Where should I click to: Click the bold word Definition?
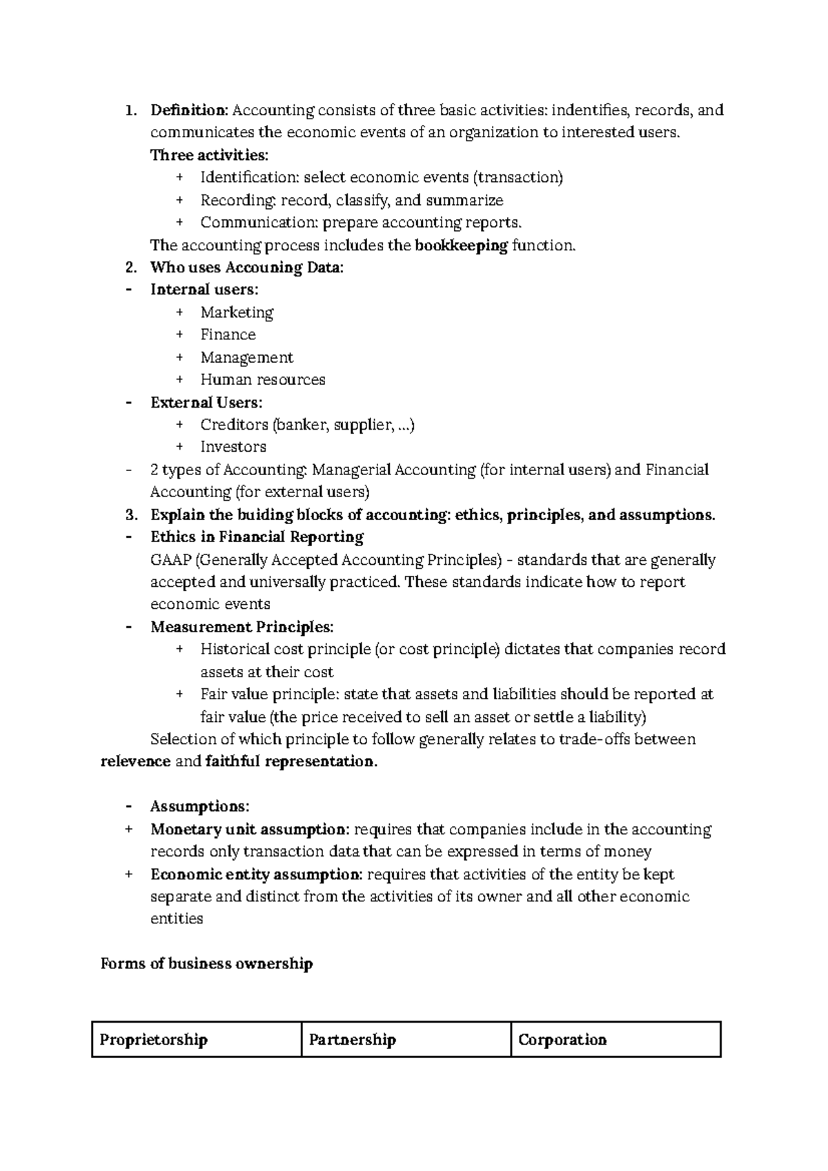(188, 110)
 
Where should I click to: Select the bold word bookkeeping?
(461, 246)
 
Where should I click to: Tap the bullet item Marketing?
(237, 312)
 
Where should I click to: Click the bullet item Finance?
(228, 334)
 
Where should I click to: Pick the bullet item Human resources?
(262, 379)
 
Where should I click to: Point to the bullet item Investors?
(233, 447)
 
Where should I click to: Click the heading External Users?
(206, 402)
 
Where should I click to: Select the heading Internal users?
(204, 290)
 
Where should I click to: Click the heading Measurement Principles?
(241, 627)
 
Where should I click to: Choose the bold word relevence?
(135, 761)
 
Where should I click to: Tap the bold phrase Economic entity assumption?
(256, 874)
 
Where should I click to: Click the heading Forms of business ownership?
(206, 963)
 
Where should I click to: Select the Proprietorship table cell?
(197, 1039)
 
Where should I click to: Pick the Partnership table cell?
(406, 1039)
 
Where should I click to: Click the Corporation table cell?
(615, 1039)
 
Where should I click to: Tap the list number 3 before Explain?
(130, 515)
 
